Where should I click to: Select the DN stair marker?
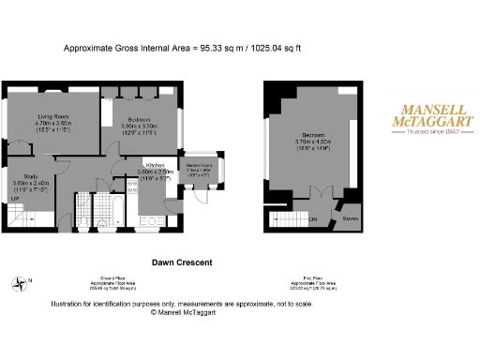311,219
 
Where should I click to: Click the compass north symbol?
21,283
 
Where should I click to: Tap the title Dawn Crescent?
182,262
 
